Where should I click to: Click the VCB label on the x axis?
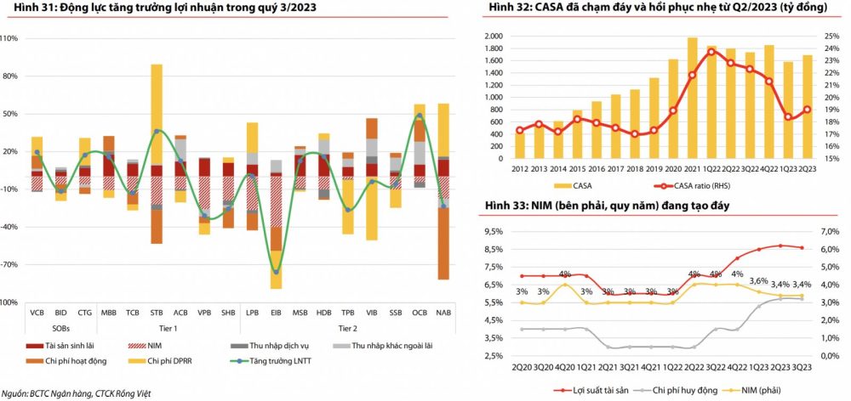tap(37, 313)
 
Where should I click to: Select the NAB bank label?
tap(443, 313)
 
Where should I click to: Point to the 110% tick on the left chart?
tap(9, 38)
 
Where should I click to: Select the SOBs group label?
tap(61, 327)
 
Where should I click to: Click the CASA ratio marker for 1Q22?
tap(711, 51)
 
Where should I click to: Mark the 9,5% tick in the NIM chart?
tap(491, 231)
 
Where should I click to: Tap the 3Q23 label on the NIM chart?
tap(801, 369)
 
